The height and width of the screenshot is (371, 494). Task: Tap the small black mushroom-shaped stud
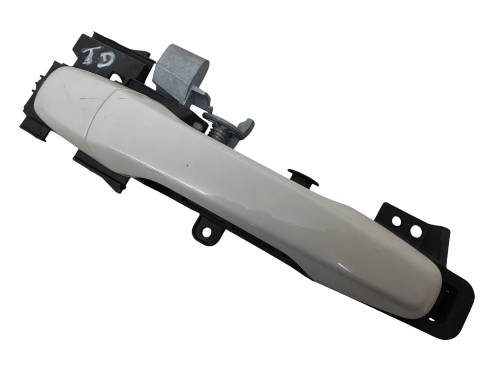(x=303, y=178)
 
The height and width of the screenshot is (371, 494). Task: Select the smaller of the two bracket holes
(x=396, y=221)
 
